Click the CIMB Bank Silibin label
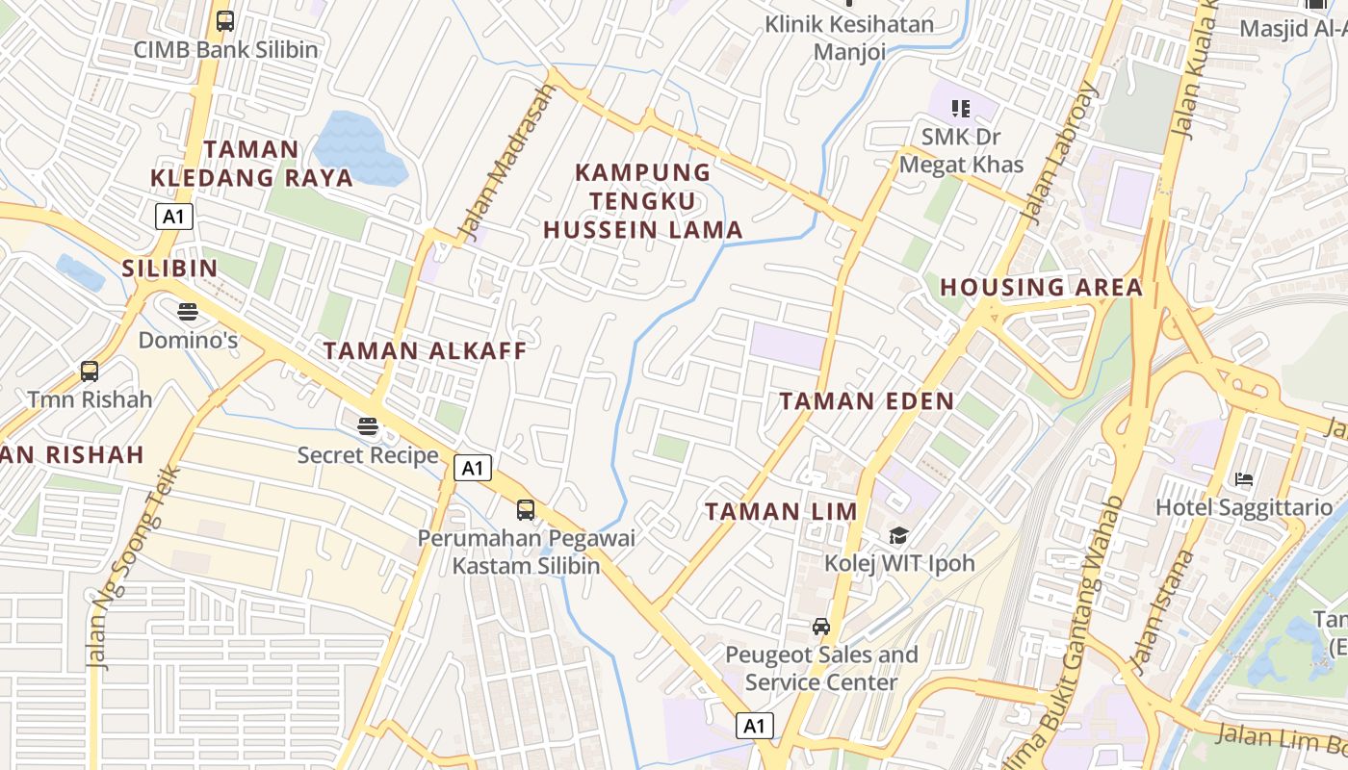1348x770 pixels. (x=225, y=49)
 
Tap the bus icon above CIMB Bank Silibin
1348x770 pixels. (x=225, y=20)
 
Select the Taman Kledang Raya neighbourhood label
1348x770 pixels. (x=252, y=164)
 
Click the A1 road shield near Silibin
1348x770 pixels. (x=173, y=217)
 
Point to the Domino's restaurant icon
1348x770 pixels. (x=188, y=312)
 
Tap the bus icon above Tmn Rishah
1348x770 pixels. (x=90, y=371)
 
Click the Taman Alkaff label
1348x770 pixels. (x=426, y=351)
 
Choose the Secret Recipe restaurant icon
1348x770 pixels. (x=368, y=425)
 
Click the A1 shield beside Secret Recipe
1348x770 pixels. (x=472, y=469)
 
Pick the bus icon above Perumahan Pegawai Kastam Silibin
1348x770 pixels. (x=526, y=510)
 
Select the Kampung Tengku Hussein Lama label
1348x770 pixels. (x=643, y=201)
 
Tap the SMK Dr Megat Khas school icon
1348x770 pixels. (x=960, y=109)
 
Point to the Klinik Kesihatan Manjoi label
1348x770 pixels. (x=849, y=38)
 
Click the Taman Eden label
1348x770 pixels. (x=867, y=401)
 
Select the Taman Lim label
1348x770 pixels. (x=781, y=512)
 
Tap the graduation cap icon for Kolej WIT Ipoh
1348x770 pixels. (x=898, y=535)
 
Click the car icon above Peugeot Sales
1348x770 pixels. (x=821, y=627)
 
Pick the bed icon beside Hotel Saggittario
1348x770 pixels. (x=1244, y=479)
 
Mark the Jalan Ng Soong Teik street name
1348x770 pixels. (x=132, y=568)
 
